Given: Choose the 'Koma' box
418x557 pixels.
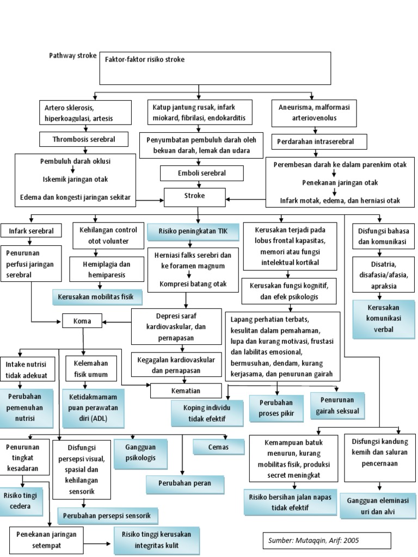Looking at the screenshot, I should point(82,321).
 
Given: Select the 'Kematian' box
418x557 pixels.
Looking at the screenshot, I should point(186,391).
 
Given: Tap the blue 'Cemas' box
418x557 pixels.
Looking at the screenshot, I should point(218,447).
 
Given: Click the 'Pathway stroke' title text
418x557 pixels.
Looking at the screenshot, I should point(73,56).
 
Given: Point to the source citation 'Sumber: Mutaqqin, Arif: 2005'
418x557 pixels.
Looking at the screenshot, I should point(328,541).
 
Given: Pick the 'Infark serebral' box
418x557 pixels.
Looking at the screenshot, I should point(32,231).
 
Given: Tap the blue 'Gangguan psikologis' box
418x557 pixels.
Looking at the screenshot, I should point(141,452).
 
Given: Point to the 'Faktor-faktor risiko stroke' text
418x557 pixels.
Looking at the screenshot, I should point(145,59).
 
